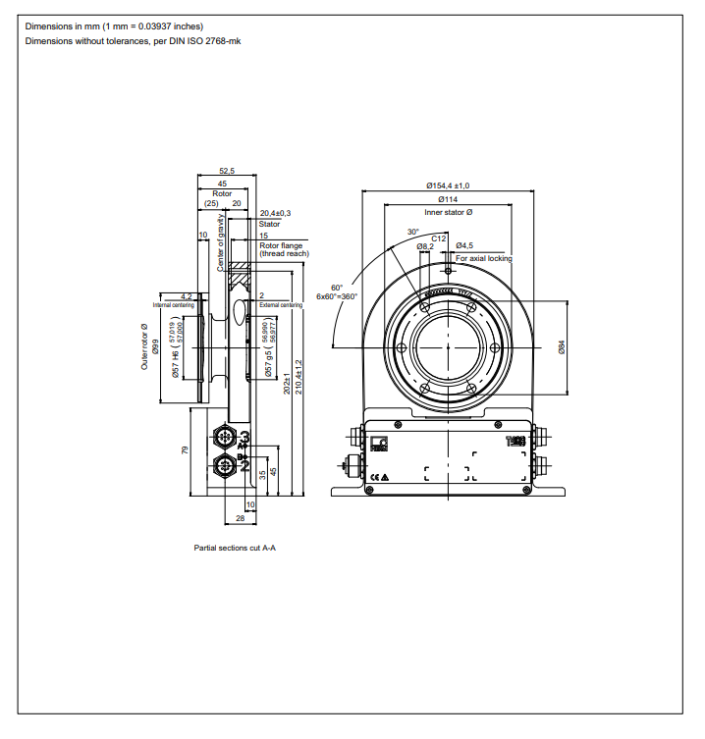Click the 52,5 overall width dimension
pos(227,171)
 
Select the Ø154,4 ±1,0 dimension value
pos(448,185)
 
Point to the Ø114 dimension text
pos(448,199)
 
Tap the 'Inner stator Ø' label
pos(448,212)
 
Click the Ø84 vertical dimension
pos(563,347)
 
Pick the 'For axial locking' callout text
pos(483,258)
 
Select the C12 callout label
pos(439,238)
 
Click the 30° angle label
pos(413,233)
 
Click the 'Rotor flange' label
pos(281,245)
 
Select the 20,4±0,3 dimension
pos(275,213)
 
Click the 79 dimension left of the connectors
pos(186,450)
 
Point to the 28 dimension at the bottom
pos(241,517)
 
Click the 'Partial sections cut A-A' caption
pos(235,548)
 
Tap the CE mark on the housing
pos(373,477)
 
